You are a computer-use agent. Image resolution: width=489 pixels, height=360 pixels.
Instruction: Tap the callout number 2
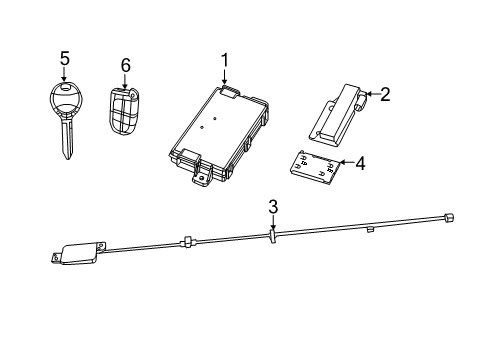point(384,95)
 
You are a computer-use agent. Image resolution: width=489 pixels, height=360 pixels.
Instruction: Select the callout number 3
point(271,207)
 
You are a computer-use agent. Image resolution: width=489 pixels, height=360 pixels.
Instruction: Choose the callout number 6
point(125,65)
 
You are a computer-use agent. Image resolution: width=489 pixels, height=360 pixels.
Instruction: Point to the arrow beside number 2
point(369,96)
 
